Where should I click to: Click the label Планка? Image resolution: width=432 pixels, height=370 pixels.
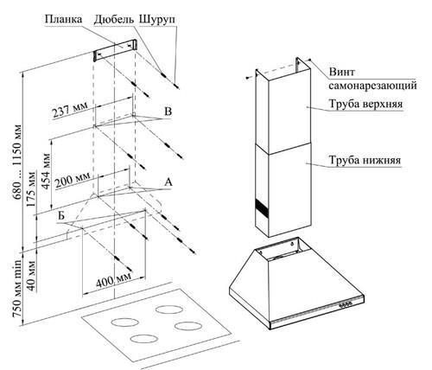(x=63, y=20)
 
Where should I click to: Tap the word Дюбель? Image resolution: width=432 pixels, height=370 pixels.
(x=114, y=20)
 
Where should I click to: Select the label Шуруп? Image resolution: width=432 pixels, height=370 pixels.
(x=157, y=20)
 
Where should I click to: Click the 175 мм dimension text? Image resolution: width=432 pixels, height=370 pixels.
(x=31, y=189)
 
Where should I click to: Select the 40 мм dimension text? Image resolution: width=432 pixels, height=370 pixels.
(x=31, y=276)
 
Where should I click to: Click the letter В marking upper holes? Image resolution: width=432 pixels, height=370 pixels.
(x=168, y=112)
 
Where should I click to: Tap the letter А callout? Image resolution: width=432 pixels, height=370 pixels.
(x=168, y=182)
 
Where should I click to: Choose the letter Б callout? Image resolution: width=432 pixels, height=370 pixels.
(x=60, y=215)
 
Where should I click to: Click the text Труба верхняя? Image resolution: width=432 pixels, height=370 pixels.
(x=365, y=104)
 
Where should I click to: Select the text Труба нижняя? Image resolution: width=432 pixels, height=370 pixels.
(x=365, y=160)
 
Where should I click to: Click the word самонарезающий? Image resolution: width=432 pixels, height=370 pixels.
(x=373, y=86)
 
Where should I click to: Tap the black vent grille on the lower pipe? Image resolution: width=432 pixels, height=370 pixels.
(x=262, y=208)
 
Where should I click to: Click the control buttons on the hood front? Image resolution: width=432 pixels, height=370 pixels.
(x=346, y=303)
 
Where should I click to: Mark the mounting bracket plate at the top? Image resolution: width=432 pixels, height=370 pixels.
(x=115, y=50)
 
